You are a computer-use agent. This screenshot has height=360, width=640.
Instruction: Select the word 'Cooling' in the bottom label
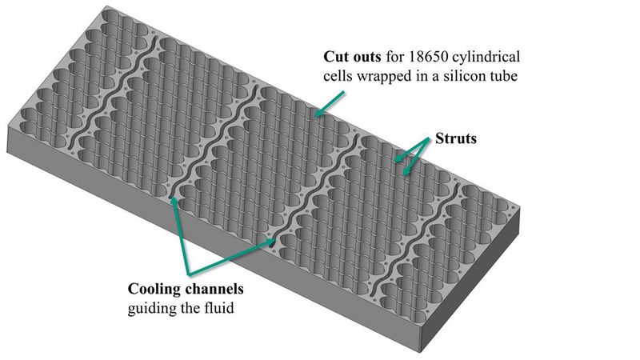pyautogui.click(x=154, y=289)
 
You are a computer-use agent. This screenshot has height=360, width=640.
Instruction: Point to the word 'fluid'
pyautogui.click(x=217, y=307)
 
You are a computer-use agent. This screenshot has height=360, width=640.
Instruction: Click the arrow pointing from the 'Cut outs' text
pyautogui.click(x=330, y=104)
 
